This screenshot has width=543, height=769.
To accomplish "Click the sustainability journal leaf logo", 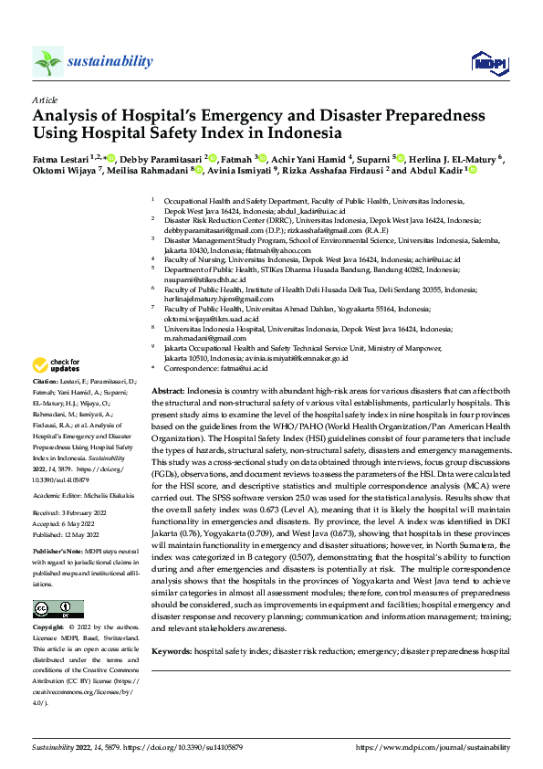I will tap(47, 61).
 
